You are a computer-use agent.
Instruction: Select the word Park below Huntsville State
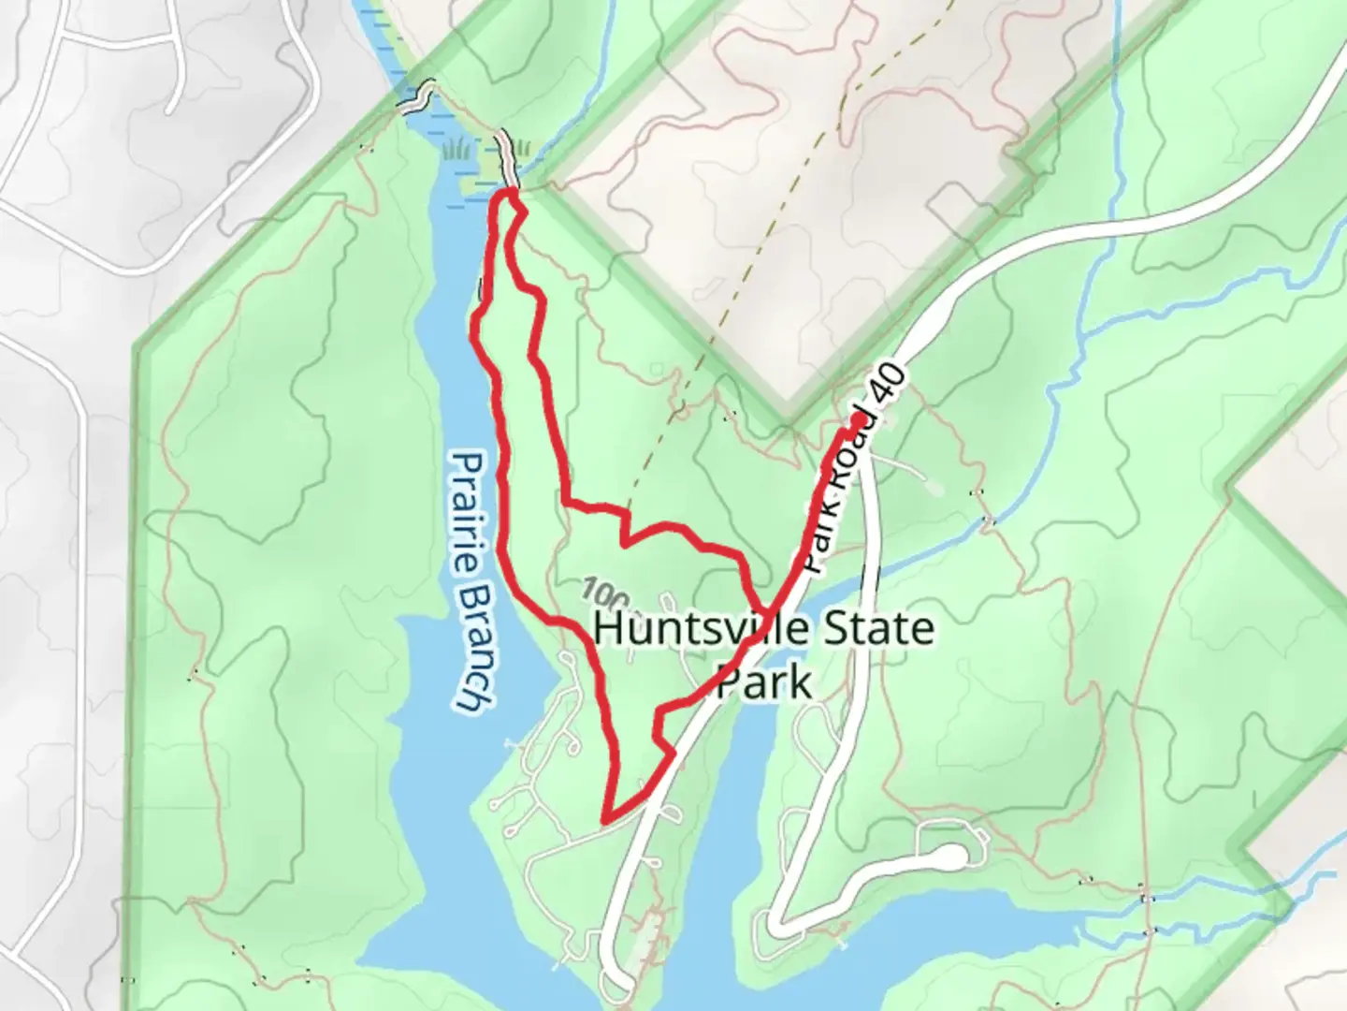click(763, 682)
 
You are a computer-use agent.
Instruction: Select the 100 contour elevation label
click(605, 593)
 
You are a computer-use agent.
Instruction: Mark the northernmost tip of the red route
click(509, 192)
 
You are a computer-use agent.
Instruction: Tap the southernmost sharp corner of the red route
click(606, 820)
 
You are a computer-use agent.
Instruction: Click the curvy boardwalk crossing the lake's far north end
click(417, 96)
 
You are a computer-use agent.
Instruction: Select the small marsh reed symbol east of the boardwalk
click(522, 147)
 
